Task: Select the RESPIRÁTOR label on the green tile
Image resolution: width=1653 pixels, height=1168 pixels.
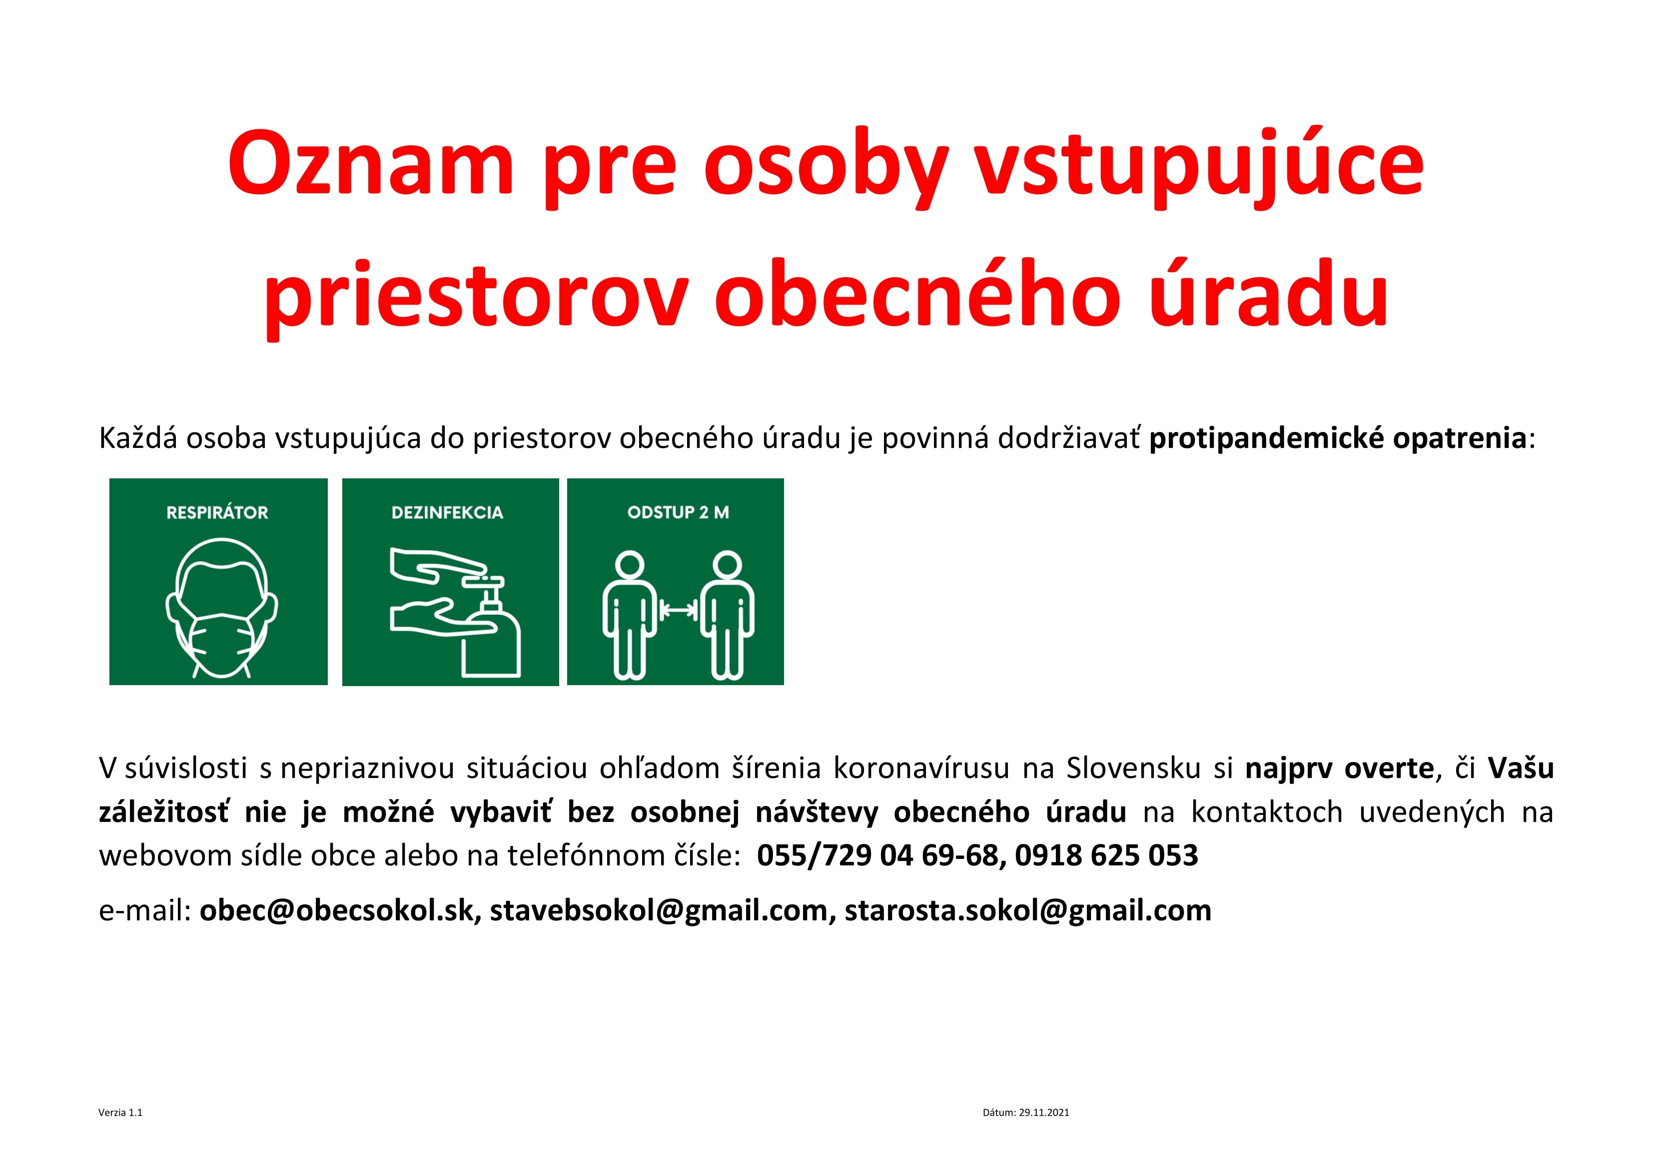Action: tap(217, 512)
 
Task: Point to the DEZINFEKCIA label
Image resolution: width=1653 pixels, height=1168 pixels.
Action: tap(447, 512)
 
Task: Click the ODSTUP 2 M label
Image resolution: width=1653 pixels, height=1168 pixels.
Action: tap(678, 512)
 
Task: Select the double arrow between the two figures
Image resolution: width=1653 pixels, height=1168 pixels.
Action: tap(678, 610)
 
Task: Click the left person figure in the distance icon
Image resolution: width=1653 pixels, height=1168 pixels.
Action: tap(630, 615)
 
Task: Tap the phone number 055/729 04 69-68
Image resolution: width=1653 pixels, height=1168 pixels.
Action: tap(877, 855)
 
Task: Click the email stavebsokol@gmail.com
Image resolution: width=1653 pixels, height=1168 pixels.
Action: tap(659, 911)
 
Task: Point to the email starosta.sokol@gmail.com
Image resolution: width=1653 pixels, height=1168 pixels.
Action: tap(1028, 911)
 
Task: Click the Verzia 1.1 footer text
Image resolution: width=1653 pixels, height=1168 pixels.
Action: tap(120, 1113)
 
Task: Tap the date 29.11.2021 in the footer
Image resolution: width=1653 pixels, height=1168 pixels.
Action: tap(1044, 1113)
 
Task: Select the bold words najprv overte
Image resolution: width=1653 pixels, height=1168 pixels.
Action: tap(1339, 769)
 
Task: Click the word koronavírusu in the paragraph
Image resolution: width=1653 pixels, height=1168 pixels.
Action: tap(921, 769)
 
